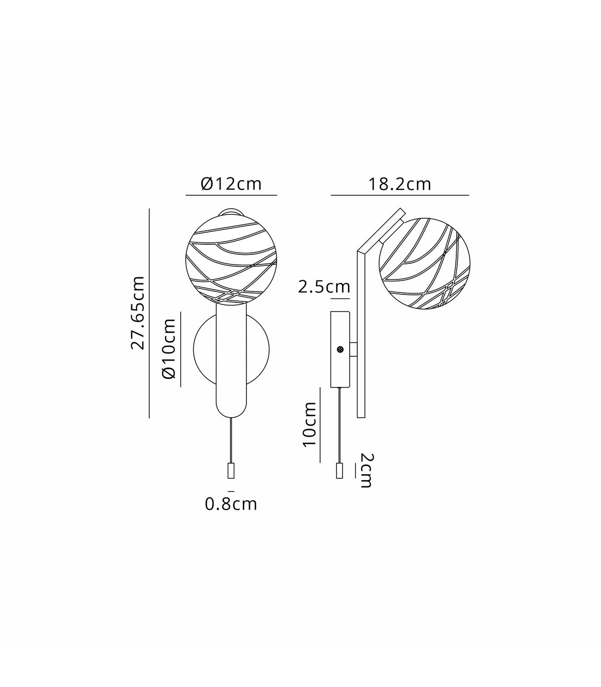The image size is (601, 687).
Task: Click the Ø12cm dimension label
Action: click(x=231, y=184)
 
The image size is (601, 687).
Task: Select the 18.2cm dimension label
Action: click(x=400, y=184)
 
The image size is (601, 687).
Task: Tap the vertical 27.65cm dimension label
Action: click(x=138, y=313)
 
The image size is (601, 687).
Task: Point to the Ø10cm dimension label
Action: click(x=169, y=349)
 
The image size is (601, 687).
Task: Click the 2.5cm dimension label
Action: click(x=324, y=287)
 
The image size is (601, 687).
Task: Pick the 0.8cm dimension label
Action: click(x=231, y=504)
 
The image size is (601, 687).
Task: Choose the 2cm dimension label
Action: click(x=365, y=470)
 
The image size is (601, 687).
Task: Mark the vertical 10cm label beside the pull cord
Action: click(x=310, y=425)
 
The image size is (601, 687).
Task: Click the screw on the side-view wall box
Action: click(x=341, y=350)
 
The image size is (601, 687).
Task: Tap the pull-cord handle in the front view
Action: click(x=231, y=470)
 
